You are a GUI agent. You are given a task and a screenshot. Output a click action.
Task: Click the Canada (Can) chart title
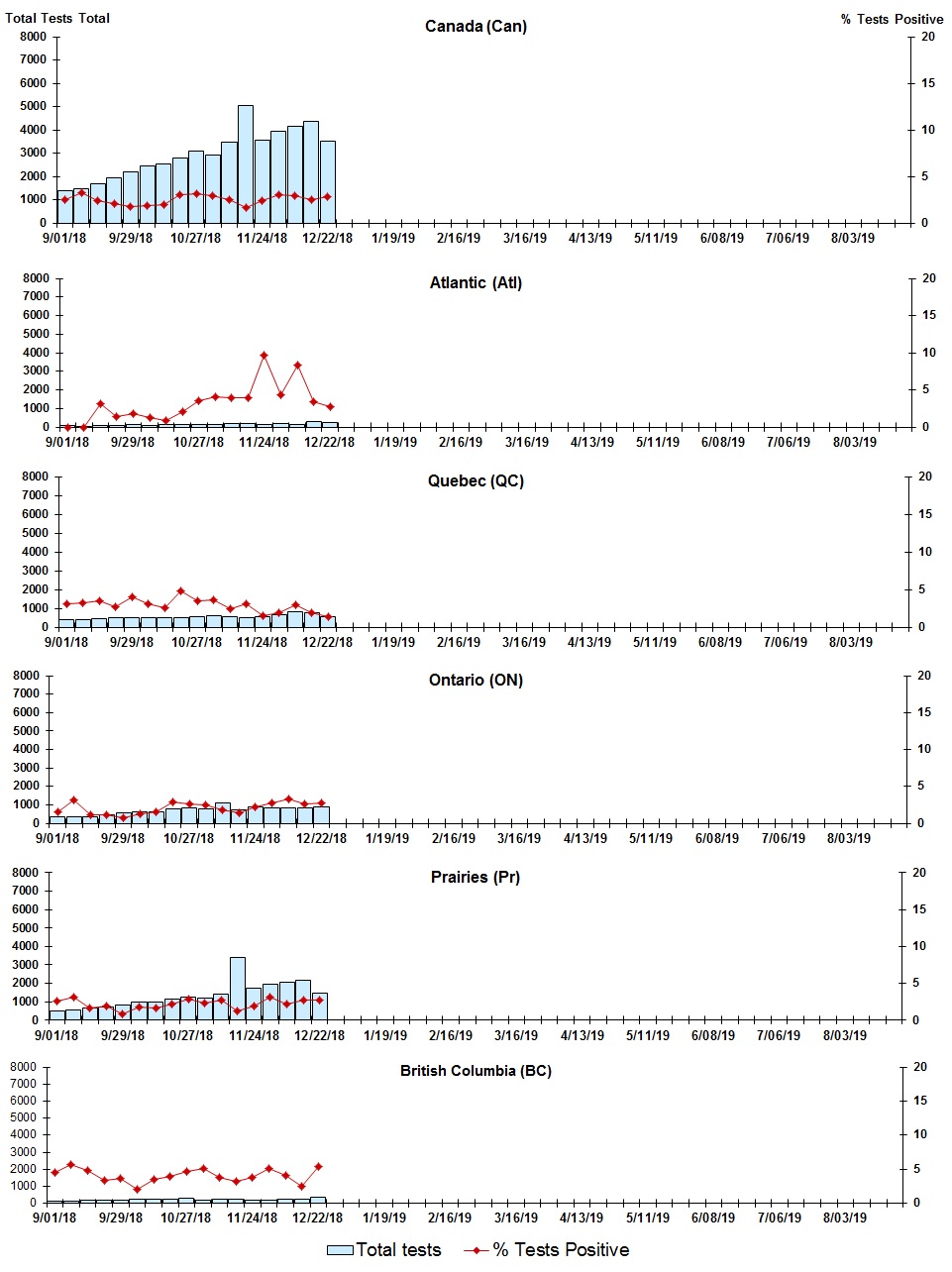pyautogui.click(x=476, y=27)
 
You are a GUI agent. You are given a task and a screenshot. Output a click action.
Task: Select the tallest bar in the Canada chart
pyautogui.click(x=246, y=163)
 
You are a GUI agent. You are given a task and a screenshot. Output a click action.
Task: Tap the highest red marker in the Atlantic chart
pyautogui.click(x=264, y=355)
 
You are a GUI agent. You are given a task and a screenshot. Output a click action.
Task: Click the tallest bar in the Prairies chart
pyautogui.click(x=238, y=988)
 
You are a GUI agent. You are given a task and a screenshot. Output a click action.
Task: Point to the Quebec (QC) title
pyautogui.click(x=476, y=481)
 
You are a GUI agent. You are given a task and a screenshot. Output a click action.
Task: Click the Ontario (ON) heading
pyautogui.click(x=476, y=681)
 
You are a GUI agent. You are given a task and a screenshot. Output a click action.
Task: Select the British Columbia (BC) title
pyautogui.click(x=476, y=1071)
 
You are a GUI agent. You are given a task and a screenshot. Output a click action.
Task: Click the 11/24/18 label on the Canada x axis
pyautogui.click(x=263, y=238)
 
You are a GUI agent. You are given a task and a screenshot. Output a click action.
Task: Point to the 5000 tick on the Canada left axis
pyautogui.click(x=33, y=106)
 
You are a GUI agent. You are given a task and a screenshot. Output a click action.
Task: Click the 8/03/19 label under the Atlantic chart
pyautogui.click(x=854, y=442)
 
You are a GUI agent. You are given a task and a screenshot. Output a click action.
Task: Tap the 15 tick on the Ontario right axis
pyautogui.click(x=923, y=712)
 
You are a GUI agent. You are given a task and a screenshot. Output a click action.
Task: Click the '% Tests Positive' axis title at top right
pyautogui.click(x=892, y=20)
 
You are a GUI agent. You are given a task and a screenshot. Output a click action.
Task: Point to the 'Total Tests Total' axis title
pyautogui.click(x=57, y=19)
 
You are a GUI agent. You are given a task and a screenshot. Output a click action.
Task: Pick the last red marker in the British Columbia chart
pyautogui.click(x=318, y=1167)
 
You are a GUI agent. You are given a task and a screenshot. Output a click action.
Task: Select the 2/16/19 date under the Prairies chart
pyautogui.click(x=451, y=1035)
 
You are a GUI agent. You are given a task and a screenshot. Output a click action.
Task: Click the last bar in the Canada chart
pyautogui.click(x=328, y=181)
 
